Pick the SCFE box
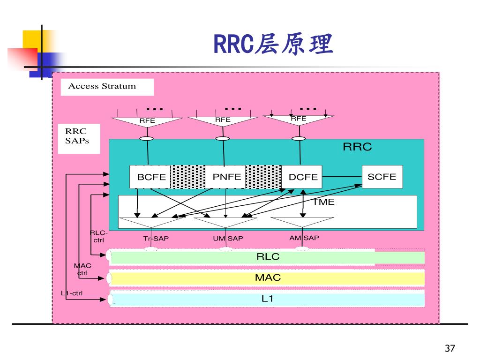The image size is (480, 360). coord(382,177)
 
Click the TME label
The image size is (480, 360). coord(323,202)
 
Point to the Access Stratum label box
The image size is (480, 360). coord(107,87)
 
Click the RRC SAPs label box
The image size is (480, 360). coord(79,139)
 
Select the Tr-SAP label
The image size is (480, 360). coord(156,239)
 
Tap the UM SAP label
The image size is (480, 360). coord(228,239)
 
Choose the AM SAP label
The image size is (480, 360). coord(304,238)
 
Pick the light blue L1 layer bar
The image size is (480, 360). coord(267,299)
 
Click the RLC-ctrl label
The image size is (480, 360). coord(98,237)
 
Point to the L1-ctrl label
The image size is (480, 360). coord(72,293)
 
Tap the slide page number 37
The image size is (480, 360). coord(450,348)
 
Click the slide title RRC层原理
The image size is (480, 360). coord(273,44)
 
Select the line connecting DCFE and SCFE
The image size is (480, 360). coord(342,177)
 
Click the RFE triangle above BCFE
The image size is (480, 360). coord(147,122)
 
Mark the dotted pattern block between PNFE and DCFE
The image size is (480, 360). coord(263,177)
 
